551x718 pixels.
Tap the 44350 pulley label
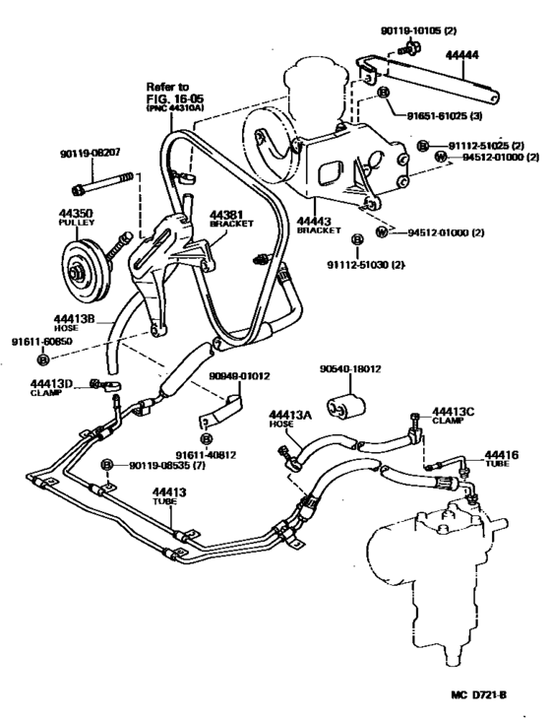[x=69, y=216]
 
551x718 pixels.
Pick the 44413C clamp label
[x=454, y=416]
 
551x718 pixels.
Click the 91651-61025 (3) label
[x=450, y=115]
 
